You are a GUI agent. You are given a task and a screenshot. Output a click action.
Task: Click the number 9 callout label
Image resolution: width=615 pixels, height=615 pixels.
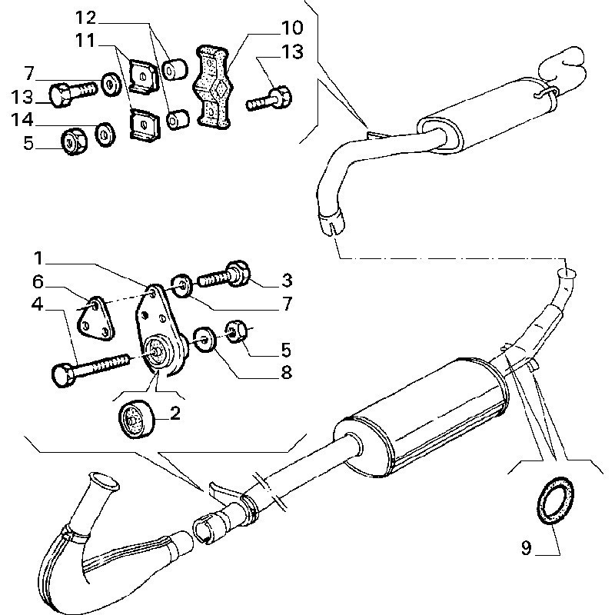(x=527, y=548)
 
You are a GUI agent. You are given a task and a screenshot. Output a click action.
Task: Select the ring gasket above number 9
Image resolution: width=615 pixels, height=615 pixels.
(x=552, y=502)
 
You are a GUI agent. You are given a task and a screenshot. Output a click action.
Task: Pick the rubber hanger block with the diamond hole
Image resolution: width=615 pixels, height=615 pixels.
(x=213, y=85)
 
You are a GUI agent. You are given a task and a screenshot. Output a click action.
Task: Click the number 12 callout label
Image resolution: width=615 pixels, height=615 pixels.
(x=86, y=17)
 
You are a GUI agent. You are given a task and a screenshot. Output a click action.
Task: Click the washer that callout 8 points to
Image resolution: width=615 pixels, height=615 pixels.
(x=204, y=338)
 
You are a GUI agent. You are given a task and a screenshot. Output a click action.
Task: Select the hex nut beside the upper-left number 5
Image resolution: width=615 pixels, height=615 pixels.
(x=73, y=141)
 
